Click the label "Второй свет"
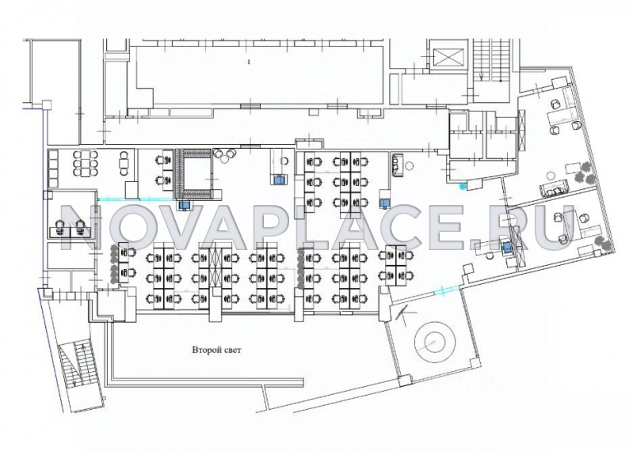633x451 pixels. pyautogui.click(x=216, y=350)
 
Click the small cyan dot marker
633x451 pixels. pyautogui.click(x=463, y=186)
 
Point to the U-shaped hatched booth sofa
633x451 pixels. pyautogui.click(x=193, y=174)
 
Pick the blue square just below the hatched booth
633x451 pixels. pyautogui.click(x=185, y=205)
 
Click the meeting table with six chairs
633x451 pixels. pyautogui.click(x=86, y=163)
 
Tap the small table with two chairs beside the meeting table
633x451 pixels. pyautogui.click(x=123, y=163)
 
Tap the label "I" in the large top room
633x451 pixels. pyautogui.click(x=249, y=62)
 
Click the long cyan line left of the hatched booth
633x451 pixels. pyautogui.click(x=135, y=199)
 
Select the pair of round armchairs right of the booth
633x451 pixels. pyautogui.click(x=225, y=155)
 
